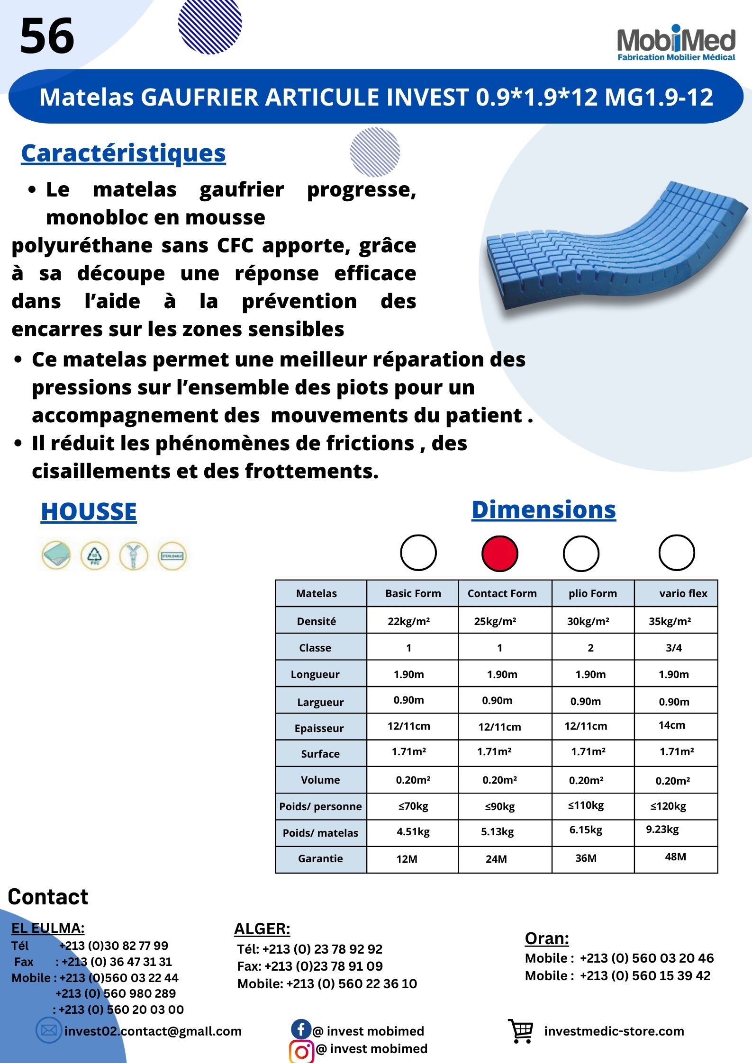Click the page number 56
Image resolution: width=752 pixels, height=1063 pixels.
47,36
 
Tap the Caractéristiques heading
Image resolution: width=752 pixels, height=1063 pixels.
123,153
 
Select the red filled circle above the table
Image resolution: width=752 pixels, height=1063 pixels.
499,554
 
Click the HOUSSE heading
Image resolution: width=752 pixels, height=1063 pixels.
89,512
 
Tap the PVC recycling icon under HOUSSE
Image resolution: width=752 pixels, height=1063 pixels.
95,555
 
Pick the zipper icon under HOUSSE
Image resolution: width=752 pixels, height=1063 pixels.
134,555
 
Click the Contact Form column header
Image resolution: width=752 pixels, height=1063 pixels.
502,593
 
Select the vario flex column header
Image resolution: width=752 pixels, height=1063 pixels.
683,593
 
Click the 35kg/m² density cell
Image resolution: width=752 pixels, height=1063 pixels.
670,621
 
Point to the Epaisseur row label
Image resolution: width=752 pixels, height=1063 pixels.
319,728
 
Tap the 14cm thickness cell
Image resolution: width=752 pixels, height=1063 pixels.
671,725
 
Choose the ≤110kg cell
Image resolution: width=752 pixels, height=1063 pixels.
586,805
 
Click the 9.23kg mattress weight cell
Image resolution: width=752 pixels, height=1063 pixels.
662,830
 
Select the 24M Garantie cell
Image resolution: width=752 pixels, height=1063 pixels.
496,859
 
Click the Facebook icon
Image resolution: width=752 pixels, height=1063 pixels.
301,1029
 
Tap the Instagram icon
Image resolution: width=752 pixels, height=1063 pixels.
301,1051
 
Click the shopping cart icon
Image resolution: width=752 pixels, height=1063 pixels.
521,1031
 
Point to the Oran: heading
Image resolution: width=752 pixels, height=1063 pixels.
547,938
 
